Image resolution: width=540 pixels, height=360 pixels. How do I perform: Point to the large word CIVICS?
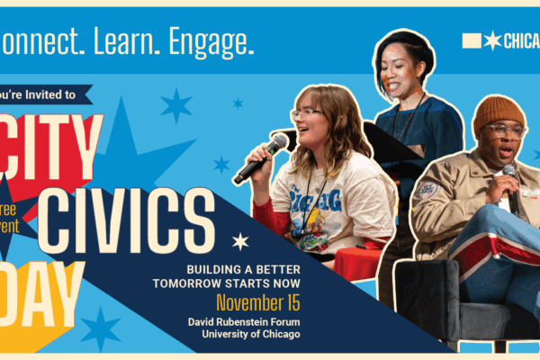[x=125, y=220]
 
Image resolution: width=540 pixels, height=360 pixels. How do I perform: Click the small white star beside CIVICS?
[x=240, y=241]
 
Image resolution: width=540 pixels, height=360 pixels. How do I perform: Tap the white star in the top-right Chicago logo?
[x=492, y=40]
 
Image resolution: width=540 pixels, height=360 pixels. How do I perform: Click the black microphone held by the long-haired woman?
[x=261, y=157]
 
